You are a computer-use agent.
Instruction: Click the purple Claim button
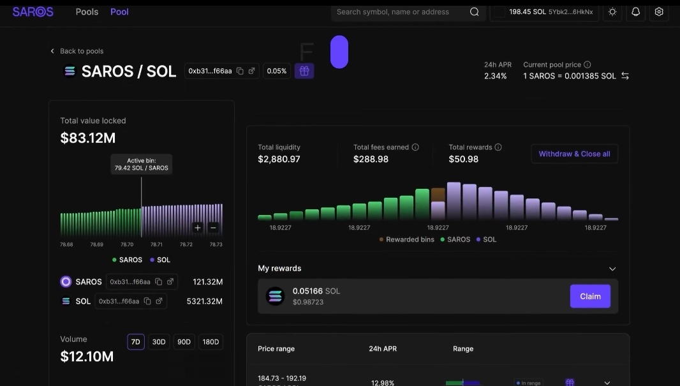(x=590, y=296)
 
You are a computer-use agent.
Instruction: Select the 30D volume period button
(x=159, y=342)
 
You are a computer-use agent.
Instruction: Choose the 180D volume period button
(x=211, y=342)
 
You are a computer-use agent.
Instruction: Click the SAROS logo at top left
(x=33, y=11)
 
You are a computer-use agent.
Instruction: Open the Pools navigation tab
(x=87, y=11)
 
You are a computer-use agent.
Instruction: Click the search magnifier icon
(x=474, y=11)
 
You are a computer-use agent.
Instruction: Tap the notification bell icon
(x=635, y=11)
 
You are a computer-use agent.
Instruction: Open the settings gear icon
(x=659, y=11)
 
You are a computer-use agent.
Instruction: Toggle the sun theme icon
(x=612, y=11)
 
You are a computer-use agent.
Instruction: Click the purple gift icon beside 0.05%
(x=304, y=71)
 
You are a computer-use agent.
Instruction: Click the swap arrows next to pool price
(x=625, y=76)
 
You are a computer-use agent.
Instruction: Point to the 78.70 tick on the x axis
(x=127, y=244)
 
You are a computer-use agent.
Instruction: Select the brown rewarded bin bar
(x=438, y=194)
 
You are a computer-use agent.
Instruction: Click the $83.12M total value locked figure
(x=88, y=138)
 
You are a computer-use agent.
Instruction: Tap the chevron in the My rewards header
(x=612, y=269)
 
